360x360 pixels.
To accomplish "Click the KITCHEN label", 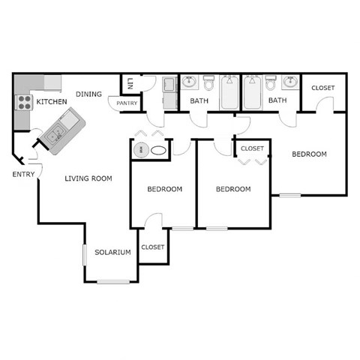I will tap(52, 101).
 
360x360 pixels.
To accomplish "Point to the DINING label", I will tap(88, 94).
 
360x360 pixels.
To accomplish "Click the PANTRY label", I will tap(127, 103).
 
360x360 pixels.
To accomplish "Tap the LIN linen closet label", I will tap(130, 82).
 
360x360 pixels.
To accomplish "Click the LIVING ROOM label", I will tap(88, 178).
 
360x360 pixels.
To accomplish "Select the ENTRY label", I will tap(23, 174).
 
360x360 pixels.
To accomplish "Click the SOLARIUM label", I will tap(112, 252).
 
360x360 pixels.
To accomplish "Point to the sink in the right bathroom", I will tap(289, 82).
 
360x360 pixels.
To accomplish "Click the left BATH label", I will tap(199, 100).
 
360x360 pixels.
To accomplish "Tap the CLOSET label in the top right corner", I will tap(322, 88).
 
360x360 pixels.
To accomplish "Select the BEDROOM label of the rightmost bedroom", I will tap(309, 154).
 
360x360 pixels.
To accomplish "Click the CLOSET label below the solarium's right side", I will tap(152, 247).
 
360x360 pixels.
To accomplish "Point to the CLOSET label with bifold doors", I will tap(252, 148).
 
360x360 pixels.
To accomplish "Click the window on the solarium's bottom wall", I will tap(112, 281).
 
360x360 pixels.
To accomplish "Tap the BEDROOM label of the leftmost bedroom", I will tap(164, 189).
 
